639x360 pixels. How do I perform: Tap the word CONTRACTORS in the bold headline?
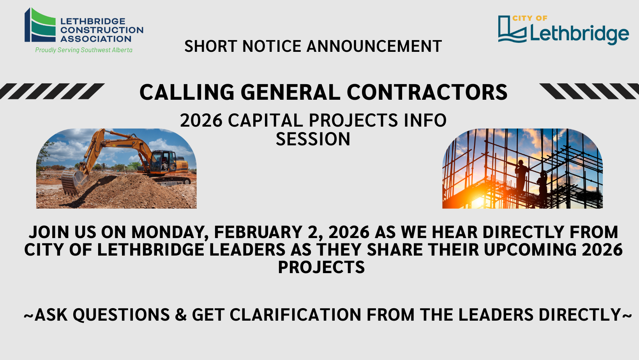pyautogui.click(x=427, y=92)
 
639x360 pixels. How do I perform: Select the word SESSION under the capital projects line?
pyautogui.click(x=313, y=139)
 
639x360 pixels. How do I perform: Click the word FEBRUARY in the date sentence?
pyautogui.click(x=258, y=232)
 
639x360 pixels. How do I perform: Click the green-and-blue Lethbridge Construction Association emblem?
pyautogui.click(x=40, y=25)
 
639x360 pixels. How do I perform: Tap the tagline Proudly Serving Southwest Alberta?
pyautogui.click(x=84, y=50)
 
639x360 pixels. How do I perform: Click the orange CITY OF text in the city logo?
pyautogui.click(x=530, y=18)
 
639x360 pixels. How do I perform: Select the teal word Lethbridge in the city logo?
pyautogui.click(x=579, y=34)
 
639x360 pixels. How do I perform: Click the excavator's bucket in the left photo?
pyautogui.click(x=72, y=182)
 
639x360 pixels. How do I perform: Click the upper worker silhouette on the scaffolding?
pyautogui.click(x=521, y=171)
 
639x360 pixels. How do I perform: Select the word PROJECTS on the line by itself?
pyautogui.click(x=321, y=267)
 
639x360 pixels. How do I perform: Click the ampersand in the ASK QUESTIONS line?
pyautogui.click(x=181, y=315)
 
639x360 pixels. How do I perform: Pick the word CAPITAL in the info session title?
pyautogui.click(x=265, y=120)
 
